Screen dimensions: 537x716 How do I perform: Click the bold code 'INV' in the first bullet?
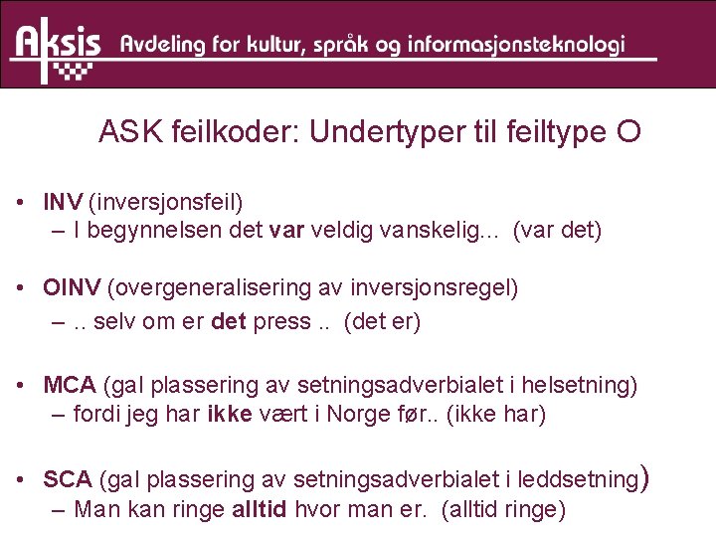coord(63,203)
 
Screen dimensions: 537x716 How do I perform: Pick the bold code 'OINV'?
coord(72,288)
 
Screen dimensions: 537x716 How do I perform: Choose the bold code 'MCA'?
coord(70,384)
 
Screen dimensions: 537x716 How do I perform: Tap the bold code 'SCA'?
coord(68,479)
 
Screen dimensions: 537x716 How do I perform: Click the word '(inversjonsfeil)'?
coord(166,203)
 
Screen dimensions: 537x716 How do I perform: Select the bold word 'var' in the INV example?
coord(285,231)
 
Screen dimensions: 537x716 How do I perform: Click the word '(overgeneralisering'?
coord(205,288)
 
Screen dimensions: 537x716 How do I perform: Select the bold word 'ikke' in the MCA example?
coord(230,414)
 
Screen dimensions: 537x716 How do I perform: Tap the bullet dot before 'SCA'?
coord(21,480)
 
